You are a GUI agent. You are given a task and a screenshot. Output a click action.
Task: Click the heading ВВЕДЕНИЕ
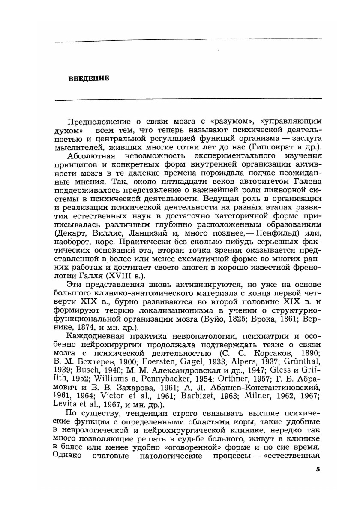click(x=89, y=78)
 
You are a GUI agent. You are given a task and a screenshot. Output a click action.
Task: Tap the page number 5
click(x=318, y=469)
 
